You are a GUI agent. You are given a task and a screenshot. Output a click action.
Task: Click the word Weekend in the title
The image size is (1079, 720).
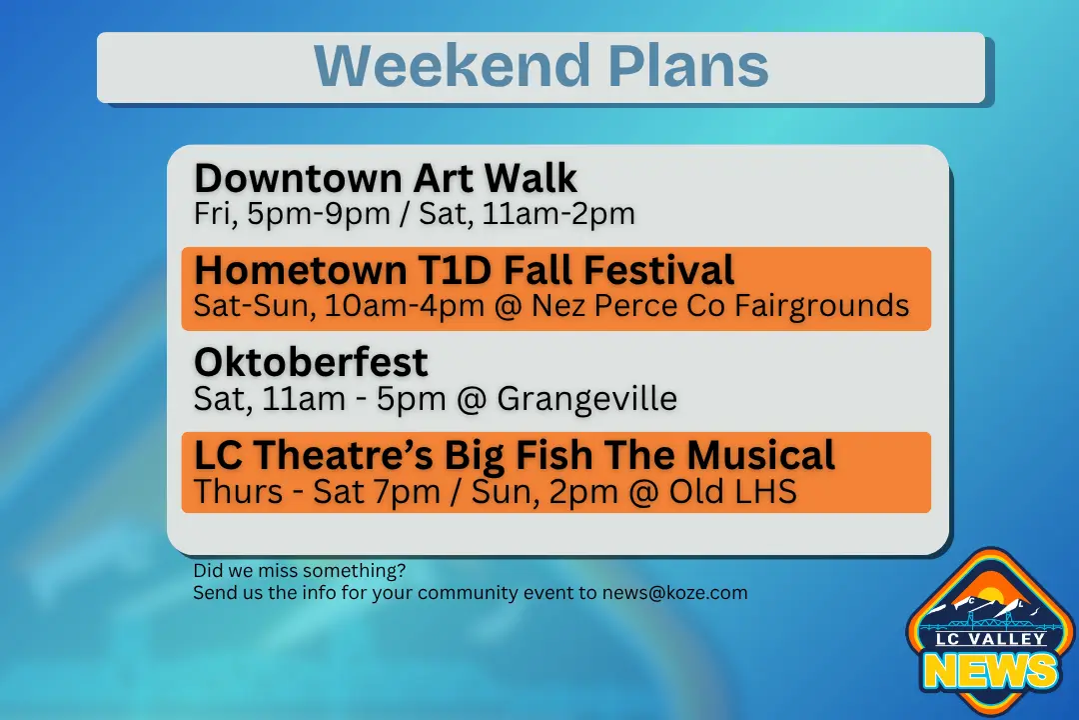[x=453, y=65]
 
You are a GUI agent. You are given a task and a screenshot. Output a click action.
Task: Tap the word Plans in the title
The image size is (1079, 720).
[x=687, y=65]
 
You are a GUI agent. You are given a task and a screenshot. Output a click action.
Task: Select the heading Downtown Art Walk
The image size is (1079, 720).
[x=386, y=178]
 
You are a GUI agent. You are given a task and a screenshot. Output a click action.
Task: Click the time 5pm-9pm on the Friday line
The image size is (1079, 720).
[x=319, y=214]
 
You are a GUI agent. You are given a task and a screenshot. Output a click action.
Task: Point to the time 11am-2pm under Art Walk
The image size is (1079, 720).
[x=558, y=214]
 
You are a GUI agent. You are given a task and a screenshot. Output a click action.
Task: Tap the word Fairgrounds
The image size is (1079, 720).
[x=821, y=306]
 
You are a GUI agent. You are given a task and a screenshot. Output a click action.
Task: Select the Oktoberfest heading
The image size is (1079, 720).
[x=311, y=362]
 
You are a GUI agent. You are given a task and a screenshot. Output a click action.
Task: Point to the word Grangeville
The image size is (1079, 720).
[x=587, y=399]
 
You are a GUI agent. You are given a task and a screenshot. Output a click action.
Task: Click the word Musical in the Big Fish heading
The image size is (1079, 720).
[x=761, y=455]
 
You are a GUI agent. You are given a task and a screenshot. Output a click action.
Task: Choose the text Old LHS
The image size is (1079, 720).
[x=733, y=492]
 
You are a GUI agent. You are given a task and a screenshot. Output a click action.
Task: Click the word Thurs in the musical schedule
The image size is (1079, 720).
[x=238, y=492]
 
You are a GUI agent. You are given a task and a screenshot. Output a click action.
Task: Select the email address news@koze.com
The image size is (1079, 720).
[x=674, y=593]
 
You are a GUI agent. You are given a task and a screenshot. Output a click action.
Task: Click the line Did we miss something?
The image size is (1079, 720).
[x=300, y=570]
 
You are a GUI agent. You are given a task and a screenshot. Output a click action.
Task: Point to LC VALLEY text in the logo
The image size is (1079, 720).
[x=990, y=639]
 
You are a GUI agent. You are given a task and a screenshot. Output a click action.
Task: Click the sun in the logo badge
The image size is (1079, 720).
[x=991, y=597]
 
